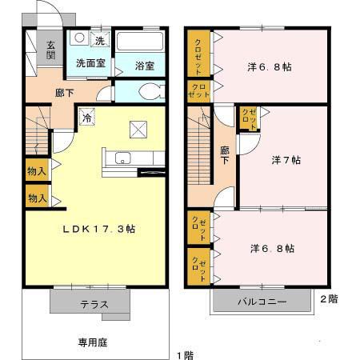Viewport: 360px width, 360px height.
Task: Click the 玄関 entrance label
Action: click(x=50, y=50)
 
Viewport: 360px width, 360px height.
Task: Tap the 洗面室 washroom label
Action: click(x=91, y=63)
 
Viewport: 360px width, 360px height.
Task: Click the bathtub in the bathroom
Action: click(x=140, y=42)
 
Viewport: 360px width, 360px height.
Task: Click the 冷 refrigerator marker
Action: click(x=86, y=118)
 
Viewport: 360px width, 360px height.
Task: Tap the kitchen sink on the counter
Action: click(x=123, y=158)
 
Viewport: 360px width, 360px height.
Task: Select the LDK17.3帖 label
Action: click(x=99, y=229)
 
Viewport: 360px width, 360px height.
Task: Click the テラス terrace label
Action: click(x=94, y=304)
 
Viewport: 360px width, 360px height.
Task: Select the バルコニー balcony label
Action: click(x=262, y=303)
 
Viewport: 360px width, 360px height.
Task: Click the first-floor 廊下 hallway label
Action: click(x=65, y=93)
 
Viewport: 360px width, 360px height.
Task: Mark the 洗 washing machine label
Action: click(x=100, y=40)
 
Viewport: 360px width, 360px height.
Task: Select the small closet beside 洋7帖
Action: click(x=249, y=118)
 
